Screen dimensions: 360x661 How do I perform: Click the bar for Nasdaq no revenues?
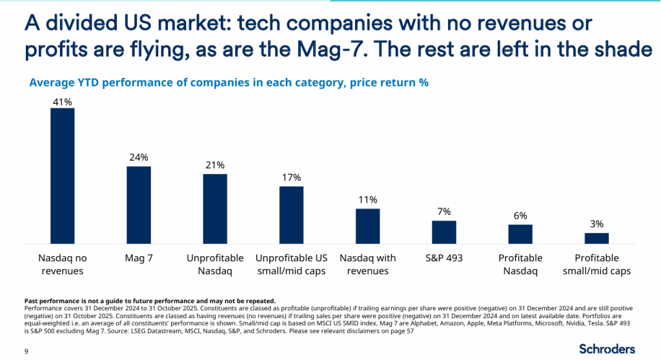click(x=63, y=175)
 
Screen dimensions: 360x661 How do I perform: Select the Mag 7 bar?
click(x=139, y=205)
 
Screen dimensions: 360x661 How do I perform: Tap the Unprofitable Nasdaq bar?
click(x=215, y=208)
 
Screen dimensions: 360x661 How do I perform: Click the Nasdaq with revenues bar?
click(x=367, y=226)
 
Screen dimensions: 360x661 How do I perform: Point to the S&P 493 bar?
click(x=443, y=232)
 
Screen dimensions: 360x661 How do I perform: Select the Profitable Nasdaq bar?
click(x=520, y=234)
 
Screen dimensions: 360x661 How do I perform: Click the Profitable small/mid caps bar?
click(x=596, y=238)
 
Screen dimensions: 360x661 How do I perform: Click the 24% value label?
click(x=139, y=157)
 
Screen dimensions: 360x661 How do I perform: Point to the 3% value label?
click(x=596, y=224)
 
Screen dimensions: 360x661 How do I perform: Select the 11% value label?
click(x=367, y=199)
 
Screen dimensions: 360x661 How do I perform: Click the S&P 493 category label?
click(x=443, y=258)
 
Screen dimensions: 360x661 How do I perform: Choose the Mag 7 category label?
click(x=139, y=258)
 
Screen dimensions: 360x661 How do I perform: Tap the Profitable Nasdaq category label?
click(x=520, y=265)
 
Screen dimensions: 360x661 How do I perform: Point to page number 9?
click(x=26, y=351)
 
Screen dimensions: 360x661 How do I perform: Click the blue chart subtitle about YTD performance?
click(x=229, y=83)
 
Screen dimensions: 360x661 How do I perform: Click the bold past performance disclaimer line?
click(x=150, y=301)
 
